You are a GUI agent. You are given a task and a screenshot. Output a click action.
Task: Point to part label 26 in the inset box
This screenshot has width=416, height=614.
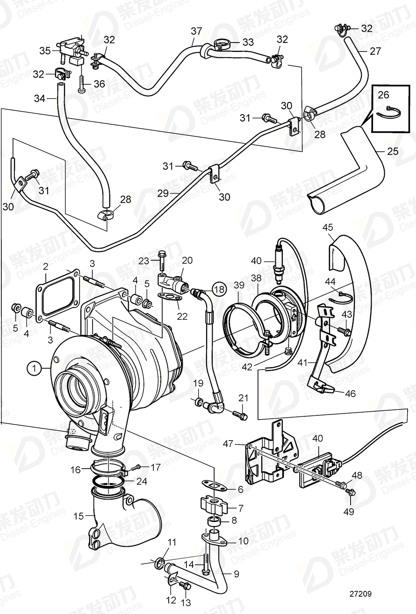[383, 95]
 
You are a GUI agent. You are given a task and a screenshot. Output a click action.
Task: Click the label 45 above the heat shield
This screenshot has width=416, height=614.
[328, 228]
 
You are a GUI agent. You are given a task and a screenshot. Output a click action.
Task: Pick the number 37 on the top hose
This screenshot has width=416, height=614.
[196, 31]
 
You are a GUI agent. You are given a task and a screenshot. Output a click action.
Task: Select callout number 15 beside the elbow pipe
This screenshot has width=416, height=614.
[79, 516]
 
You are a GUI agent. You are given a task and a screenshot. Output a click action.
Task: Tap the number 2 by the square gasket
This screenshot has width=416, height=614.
[46, 267]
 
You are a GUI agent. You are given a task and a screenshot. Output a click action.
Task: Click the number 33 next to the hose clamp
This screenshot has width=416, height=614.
[248, 43]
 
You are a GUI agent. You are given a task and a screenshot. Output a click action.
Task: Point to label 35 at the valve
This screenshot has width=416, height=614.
[45, 50]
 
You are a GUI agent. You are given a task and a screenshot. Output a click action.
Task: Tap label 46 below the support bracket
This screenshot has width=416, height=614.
[350, 393]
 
